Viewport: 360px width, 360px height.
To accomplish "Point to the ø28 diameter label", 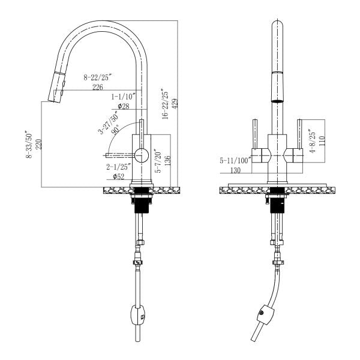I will coord(124,106).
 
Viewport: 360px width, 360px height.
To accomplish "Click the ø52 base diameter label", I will coord(118,177).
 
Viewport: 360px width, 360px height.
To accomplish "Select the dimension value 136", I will coord(167,160).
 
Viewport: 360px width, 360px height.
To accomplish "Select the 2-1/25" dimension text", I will coord(118,167).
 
